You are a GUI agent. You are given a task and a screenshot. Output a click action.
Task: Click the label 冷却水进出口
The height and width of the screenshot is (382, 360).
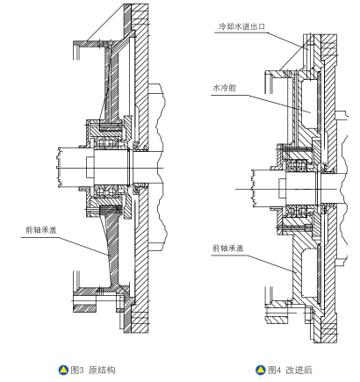point(241,26)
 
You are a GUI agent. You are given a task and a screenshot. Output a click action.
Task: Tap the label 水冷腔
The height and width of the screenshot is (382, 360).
point(225,88)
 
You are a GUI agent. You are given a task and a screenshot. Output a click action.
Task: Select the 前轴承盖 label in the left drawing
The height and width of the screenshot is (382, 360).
point(41,230)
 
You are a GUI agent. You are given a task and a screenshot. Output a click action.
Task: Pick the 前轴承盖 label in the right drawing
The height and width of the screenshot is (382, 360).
point(228,249)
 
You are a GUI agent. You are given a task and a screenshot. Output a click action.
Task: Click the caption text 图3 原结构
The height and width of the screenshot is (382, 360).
point(93,370)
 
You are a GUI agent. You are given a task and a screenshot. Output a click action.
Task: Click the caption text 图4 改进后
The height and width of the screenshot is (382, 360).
point(290,370)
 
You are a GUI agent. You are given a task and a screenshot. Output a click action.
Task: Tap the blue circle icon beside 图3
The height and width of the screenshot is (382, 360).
point(63,370)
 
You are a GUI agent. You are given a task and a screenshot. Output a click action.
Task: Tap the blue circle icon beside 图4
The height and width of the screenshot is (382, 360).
point(261,370)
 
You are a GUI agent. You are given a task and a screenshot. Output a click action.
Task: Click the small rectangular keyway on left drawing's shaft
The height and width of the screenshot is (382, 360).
point(90,167)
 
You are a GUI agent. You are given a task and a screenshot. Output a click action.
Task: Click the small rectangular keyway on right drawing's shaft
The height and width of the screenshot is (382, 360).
point(282,188)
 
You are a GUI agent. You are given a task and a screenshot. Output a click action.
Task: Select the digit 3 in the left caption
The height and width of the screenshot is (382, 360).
point(82,371)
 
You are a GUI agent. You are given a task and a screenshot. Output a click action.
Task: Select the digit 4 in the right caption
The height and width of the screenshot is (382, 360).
point(278,371)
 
